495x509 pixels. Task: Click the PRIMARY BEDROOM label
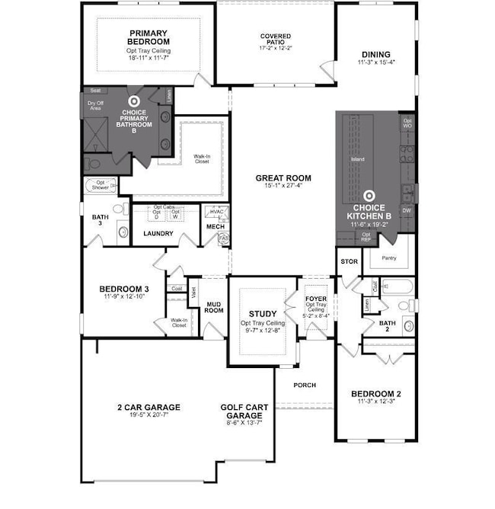tap(148, 37)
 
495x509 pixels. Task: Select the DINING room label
tap(376, 55)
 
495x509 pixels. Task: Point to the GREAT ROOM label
tap(283, 178)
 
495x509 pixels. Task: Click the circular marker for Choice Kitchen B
tap(368, 196)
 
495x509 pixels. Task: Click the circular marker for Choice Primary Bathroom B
tap(134, 101)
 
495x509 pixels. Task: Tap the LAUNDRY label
tap(159, 233)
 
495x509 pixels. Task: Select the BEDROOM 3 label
tap(123, 289)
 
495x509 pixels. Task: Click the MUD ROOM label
tap(214, 306)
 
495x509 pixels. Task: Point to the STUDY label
tap(262, 313)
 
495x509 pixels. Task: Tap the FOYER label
tap(315, 299)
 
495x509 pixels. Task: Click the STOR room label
tap(349, 261)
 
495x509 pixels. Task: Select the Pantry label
tap(388, 258)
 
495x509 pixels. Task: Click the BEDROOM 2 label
tap(375, 394)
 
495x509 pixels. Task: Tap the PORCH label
tap(305, 385)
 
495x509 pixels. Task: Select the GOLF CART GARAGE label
tap(244, 412)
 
